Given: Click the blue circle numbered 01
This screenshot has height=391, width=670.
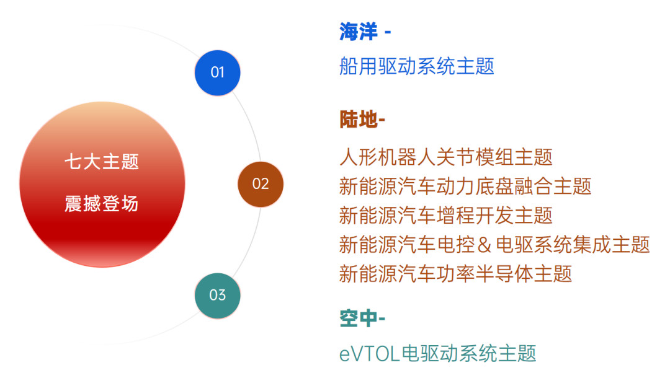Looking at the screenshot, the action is (218, 72).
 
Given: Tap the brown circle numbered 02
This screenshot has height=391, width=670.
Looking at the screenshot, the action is (261, 184).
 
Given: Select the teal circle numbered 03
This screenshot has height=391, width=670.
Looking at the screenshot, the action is (218, 296).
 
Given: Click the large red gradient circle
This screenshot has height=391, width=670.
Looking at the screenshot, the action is (102, 185).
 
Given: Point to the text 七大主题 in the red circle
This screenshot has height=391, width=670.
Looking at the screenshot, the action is (102, 162).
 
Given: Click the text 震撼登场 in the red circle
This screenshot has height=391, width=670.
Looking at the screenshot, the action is (102, 203).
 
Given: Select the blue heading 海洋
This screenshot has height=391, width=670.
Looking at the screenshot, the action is (359, 32).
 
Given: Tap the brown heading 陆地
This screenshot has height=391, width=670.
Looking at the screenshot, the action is (359, 119).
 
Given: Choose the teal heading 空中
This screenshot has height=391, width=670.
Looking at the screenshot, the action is (359, 318).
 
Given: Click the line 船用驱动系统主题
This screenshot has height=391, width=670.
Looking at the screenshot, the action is (417, 66).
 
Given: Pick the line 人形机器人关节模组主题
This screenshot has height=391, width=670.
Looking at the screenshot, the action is (445, 157).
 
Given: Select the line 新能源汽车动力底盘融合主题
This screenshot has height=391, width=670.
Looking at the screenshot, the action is (465, 186).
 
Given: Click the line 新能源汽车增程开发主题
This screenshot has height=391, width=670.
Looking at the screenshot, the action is (445, 215).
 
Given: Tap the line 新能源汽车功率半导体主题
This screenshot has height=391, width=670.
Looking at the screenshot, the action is (455, 274).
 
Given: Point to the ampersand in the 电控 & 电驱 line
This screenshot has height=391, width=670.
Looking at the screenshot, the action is (485, 245).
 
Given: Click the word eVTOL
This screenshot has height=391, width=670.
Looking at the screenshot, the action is (369, 354).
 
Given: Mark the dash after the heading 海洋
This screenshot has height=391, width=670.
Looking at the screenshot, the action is (388, 32).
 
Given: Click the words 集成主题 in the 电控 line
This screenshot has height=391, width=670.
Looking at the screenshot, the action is (611, 245).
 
